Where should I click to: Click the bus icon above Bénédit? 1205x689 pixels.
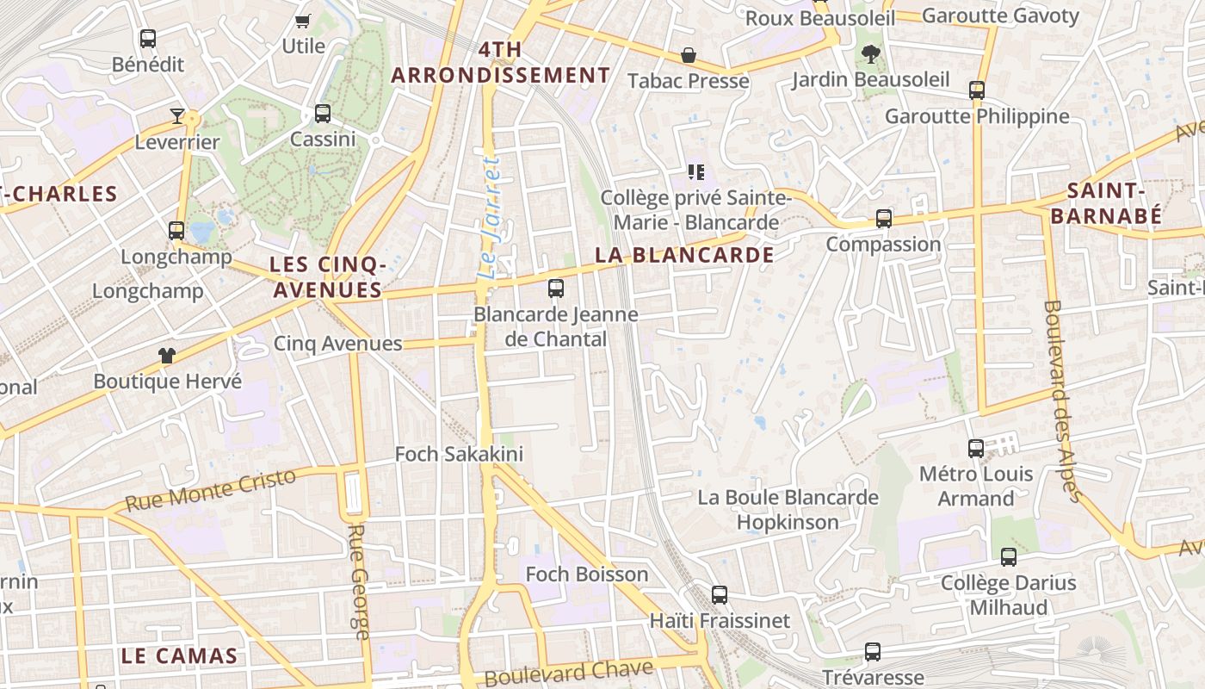click(x=148, y=39)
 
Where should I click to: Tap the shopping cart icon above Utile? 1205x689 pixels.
click(x=302, y=21)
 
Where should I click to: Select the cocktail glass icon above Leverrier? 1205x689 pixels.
click(x=177, y=116)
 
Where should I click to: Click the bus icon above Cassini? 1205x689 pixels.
click(x=323, y=113)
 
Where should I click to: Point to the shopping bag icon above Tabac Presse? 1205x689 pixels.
click(x=689, y=55)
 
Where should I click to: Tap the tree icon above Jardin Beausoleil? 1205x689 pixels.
click(x=871, y=54)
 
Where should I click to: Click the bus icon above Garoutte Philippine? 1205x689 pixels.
click(x=977, y=90)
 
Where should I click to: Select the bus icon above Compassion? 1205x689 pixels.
click(x=884, y=219)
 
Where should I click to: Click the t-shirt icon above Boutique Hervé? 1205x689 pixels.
click(x=167, y=355)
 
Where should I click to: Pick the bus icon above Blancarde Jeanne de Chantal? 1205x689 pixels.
click(x=556, y=289)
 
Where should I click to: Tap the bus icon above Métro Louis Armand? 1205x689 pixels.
click(x=976, y=449)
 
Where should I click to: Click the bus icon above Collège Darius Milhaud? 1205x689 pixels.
click(x=1009, y=557)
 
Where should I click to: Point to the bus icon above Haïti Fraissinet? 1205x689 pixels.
click(x=720, y=595)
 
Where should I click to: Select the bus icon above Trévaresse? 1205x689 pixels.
click(x=873, y=652)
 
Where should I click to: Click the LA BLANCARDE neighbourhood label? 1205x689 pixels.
click(x=684, y=255)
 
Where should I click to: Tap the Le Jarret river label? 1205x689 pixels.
click(x=489, y=217)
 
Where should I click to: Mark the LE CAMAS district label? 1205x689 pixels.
click(x=179, y=655)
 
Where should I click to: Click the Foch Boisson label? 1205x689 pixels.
click(x=587, y=574)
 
